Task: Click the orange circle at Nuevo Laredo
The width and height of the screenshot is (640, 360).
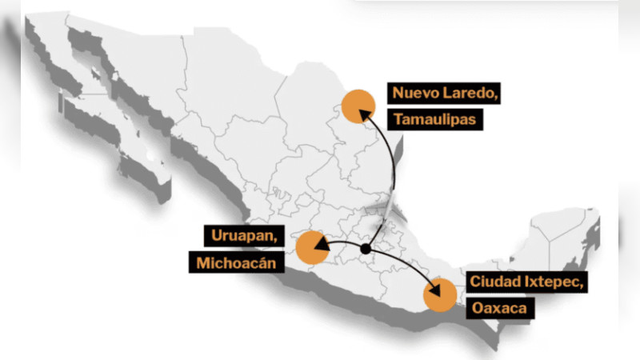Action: point(357,106)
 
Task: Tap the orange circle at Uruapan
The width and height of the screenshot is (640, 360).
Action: point(312,247)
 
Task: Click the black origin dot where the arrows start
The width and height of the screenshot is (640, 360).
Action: point(366,250)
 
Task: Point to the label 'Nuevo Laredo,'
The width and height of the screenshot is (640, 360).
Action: point(446,92)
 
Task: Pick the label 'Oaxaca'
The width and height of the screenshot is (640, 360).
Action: point(498,308)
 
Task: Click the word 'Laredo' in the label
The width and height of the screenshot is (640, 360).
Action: point(473,92)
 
